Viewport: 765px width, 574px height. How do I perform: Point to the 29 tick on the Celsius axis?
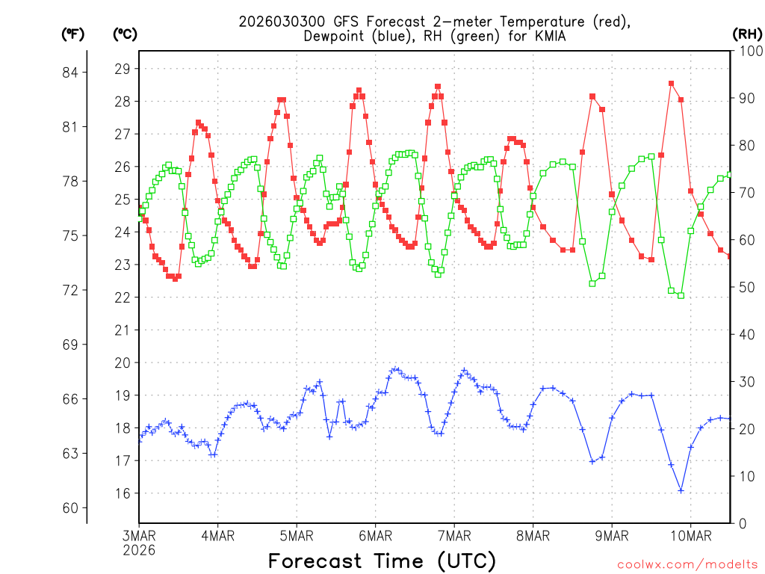click(x=122, y=69)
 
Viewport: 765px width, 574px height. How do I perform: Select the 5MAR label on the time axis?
click(x=297, y=536)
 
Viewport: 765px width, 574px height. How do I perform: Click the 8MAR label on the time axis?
click(x=533, y=536)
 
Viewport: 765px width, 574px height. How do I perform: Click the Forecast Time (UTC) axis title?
click(x=382, y=561)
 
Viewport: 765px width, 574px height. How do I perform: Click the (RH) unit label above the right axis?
click(x=746, y=34)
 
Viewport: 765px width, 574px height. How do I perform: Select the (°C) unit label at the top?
click(x=125, y=34)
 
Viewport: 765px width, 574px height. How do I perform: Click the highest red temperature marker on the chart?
click(x=671, y=84)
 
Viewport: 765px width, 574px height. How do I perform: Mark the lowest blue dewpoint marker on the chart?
click(x=681, y=490)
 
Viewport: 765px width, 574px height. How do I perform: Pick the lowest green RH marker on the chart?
click(x=681, y=295)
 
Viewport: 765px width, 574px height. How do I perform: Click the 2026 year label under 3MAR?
click(x=139, y=549)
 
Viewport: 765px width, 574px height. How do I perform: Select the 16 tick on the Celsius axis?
click(x=122, y=493)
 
